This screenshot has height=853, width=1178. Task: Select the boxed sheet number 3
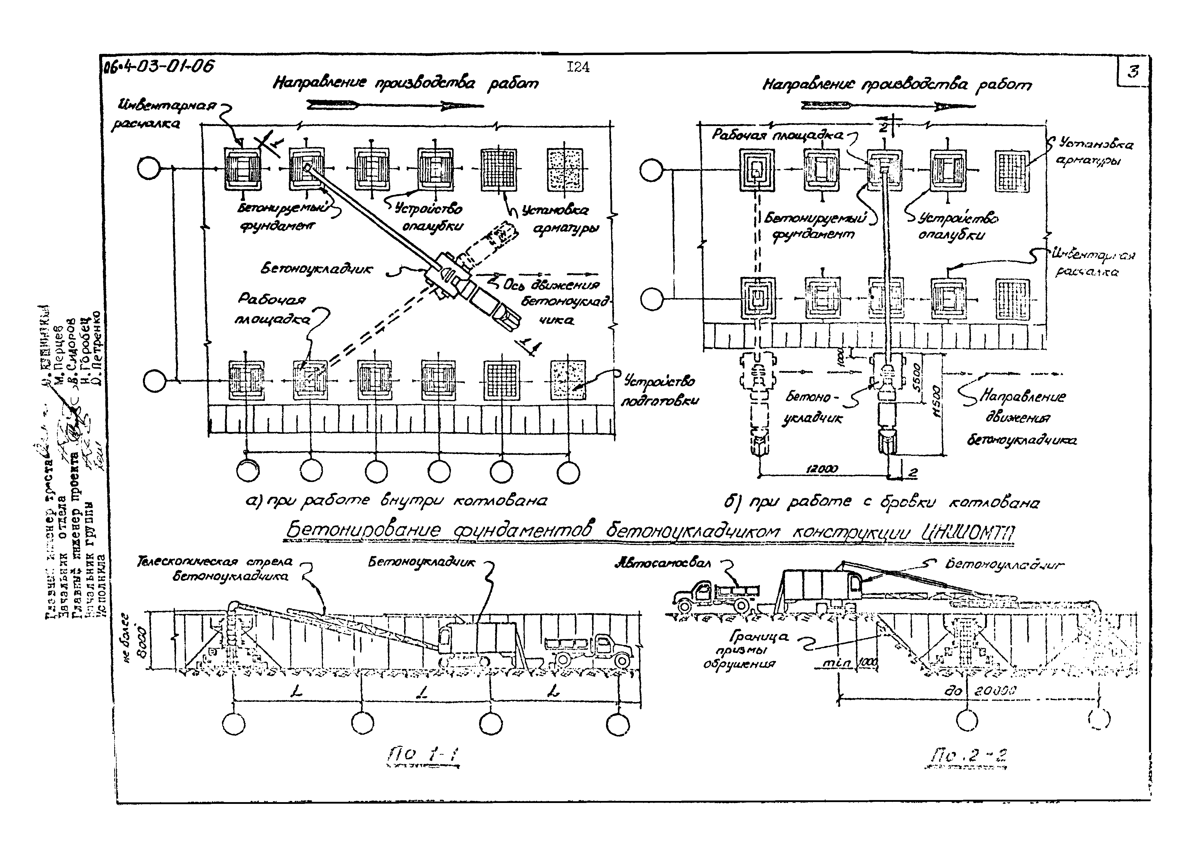coord(1133,71)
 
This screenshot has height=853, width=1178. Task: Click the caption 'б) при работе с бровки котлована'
coord(882,502)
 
